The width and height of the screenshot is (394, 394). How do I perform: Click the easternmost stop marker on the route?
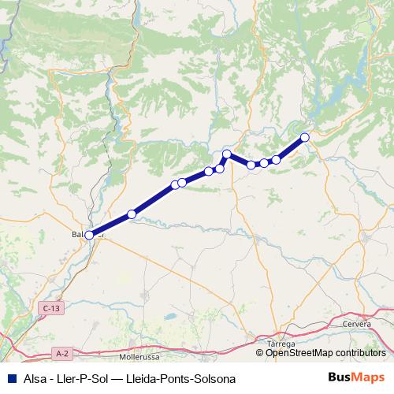click(x=305, y=138)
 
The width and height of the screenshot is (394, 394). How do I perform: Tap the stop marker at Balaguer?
click(x=89, y=235)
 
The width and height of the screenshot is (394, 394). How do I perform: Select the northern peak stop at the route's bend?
click(x=226, y=154)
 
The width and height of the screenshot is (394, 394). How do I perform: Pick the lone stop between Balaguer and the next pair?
click(x=132, y=214)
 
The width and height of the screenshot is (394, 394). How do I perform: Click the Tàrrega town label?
click(x=281, y=344)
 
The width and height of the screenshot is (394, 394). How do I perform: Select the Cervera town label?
click(x=356, y=325)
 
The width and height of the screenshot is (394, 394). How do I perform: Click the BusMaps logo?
click(x=359, y=378)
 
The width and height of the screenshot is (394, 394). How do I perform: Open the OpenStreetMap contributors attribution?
click(x=325, y=353)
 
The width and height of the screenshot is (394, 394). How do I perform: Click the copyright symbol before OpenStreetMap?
click(x=261, y=353)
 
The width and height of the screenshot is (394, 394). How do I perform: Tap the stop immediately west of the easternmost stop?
click(x=276, y=160)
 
